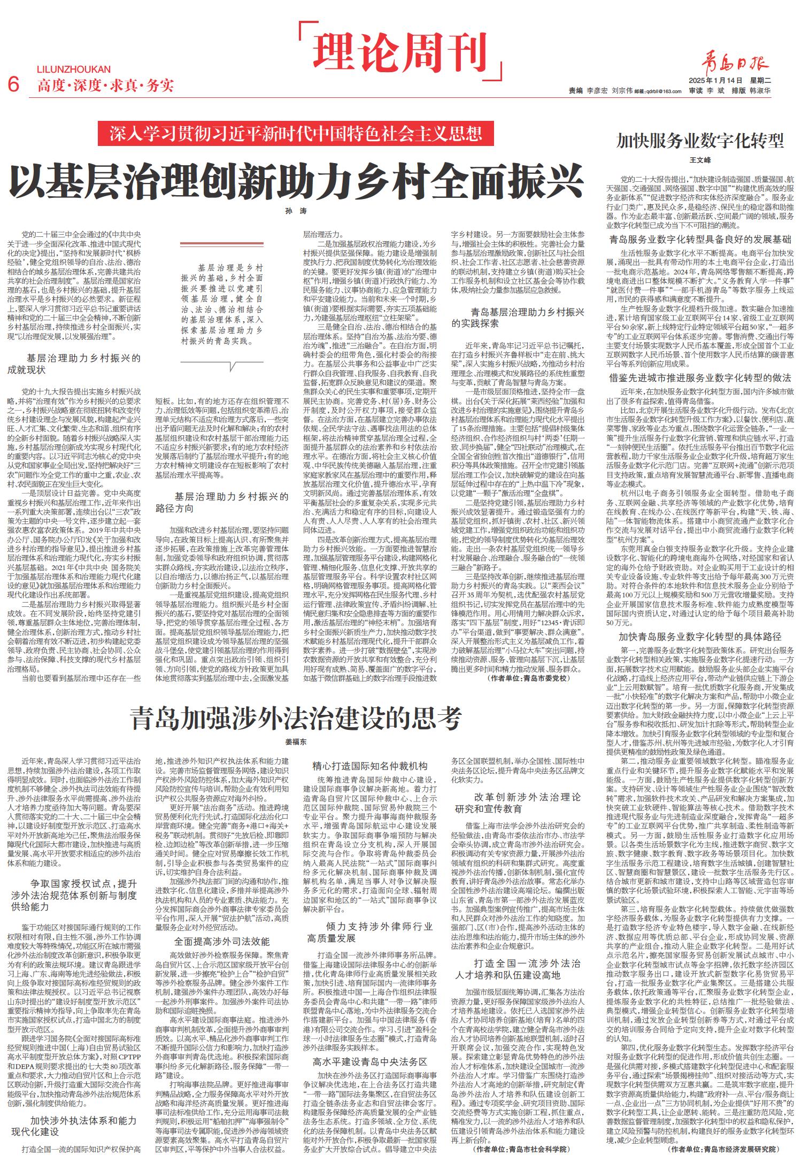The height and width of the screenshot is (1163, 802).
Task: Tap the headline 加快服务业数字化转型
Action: [700, 141]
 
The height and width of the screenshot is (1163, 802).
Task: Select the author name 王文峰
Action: [700, 160]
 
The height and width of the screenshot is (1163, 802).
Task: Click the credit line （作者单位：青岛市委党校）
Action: [528, 678]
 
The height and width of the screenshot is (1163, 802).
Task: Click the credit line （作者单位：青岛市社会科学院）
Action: [521, 1148]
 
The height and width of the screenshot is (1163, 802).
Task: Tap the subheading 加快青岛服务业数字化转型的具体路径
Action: [700, 637]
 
